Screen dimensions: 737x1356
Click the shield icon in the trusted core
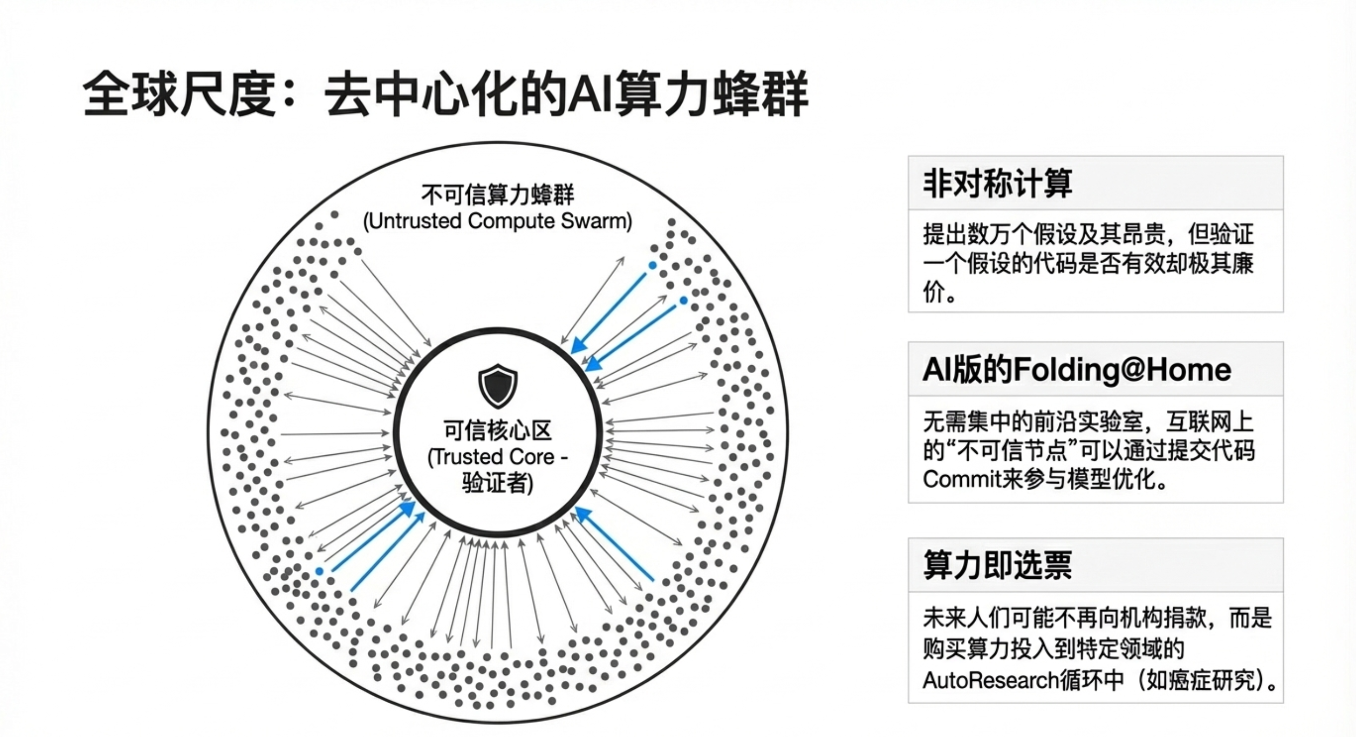498,385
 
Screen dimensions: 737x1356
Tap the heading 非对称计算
998,183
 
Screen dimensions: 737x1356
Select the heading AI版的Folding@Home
1076,369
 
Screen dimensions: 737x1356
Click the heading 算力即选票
998,565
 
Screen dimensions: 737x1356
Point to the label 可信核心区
498,430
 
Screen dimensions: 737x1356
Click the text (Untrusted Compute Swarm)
498,221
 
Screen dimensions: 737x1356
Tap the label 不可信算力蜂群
498,195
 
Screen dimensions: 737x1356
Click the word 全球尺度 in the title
179,95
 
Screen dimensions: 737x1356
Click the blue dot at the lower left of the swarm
320,571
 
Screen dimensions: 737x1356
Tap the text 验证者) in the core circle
498,483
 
